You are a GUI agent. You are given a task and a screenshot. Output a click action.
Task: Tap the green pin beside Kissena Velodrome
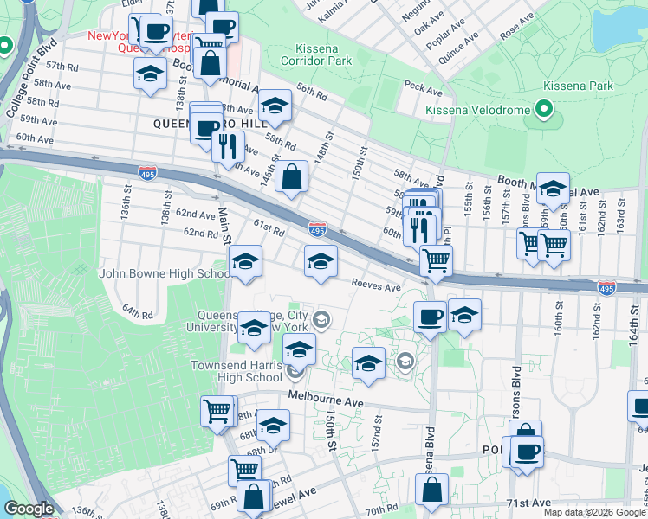click(x=543, y=110)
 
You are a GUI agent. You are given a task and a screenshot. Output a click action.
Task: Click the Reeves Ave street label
click(x=376, y=286)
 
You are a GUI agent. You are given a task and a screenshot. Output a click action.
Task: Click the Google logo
click(x=28, y=509)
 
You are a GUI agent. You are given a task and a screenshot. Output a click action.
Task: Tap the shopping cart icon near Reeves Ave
click(x=436, y=259)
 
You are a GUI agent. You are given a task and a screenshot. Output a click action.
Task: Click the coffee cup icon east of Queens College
click(x=430, y=317)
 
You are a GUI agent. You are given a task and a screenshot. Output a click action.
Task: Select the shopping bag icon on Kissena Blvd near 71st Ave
click(x=431, y=490)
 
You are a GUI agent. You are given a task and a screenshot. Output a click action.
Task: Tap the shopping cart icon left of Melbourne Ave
click(x=217, y=410)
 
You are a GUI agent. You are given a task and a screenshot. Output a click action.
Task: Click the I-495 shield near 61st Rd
click(x=317, y=230)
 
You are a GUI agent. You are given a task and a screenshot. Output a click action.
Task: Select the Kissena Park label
click(x=578, y=86)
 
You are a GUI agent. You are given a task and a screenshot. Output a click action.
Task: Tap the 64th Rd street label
click(x=137, y=311)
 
